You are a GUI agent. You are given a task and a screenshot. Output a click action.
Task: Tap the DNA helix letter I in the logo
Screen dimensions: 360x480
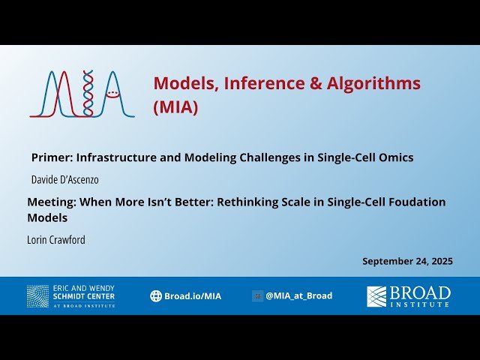pyautogui.click(x=88, y=94)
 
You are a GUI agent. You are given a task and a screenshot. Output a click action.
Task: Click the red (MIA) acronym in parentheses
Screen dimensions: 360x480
pyautogui.click(x=175, y=107)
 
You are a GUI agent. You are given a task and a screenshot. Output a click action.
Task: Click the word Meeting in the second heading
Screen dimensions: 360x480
pyautogui.click(x=52, y=202)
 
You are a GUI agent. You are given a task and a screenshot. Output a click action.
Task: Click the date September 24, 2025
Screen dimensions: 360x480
pyautogui.click(x=407, y=261)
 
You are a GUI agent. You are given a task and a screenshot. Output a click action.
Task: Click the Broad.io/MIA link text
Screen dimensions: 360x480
pyautogui.click(x=193, y=296)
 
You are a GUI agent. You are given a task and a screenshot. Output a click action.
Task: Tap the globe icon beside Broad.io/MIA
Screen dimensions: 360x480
pyautogui.click(x=156, y=296)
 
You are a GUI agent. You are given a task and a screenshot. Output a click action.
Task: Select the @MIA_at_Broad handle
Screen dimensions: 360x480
pyautogui.click(x=298, y=295)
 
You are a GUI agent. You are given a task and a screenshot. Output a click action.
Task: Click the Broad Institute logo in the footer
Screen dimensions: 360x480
pyautogui.click(x=409, y=295)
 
